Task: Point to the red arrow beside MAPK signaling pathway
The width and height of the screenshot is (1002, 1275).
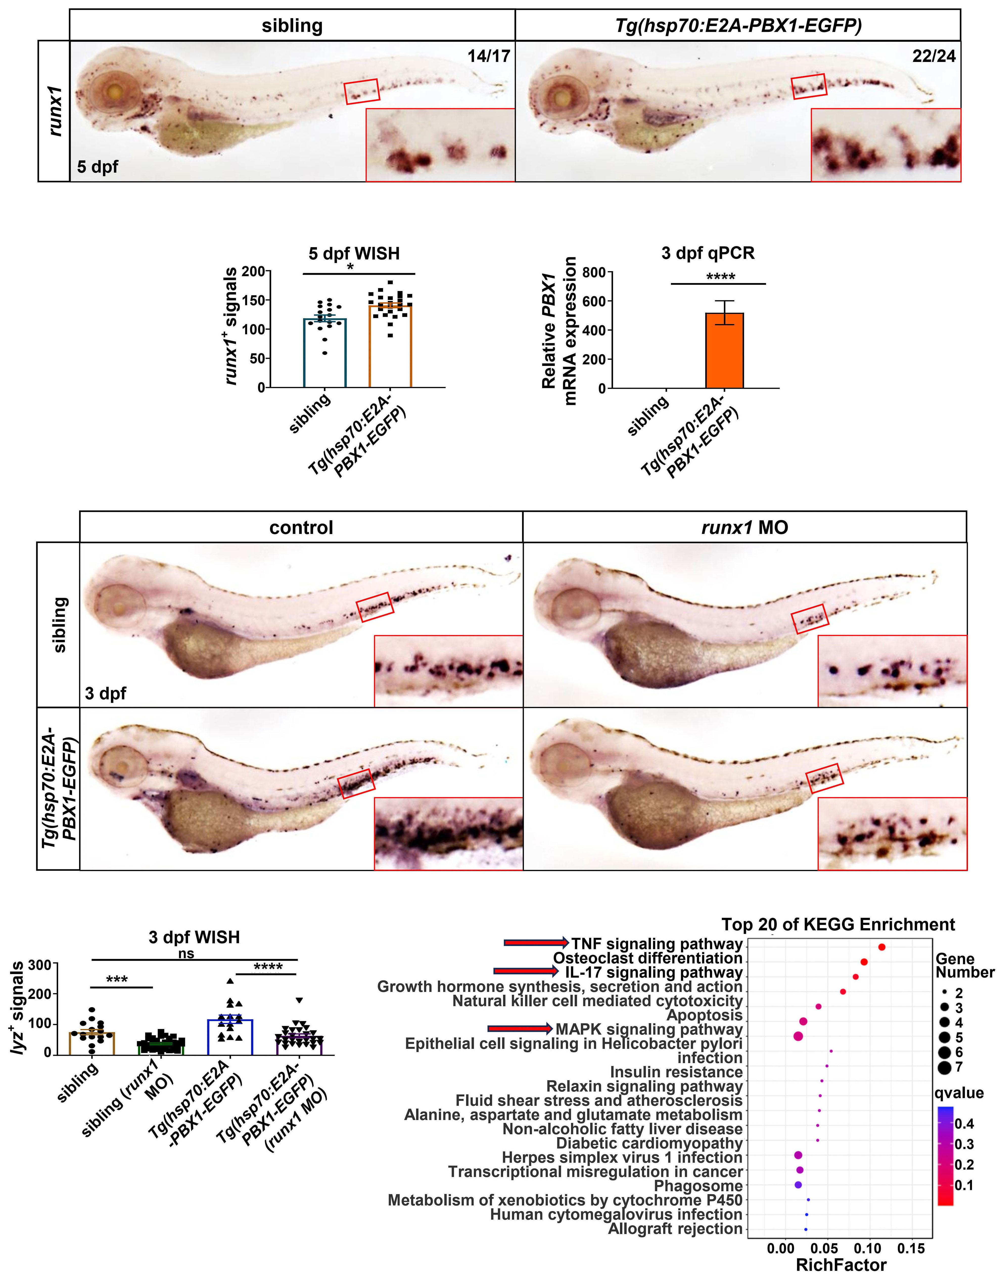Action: (520, 1029)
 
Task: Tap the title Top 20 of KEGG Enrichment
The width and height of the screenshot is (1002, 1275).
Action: (838, 925)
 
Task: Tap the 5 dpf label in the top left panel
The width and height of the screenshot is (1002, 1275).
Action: (97, 167)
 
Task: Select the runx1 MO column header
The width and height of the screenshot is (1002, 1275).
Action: (744, 527)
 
